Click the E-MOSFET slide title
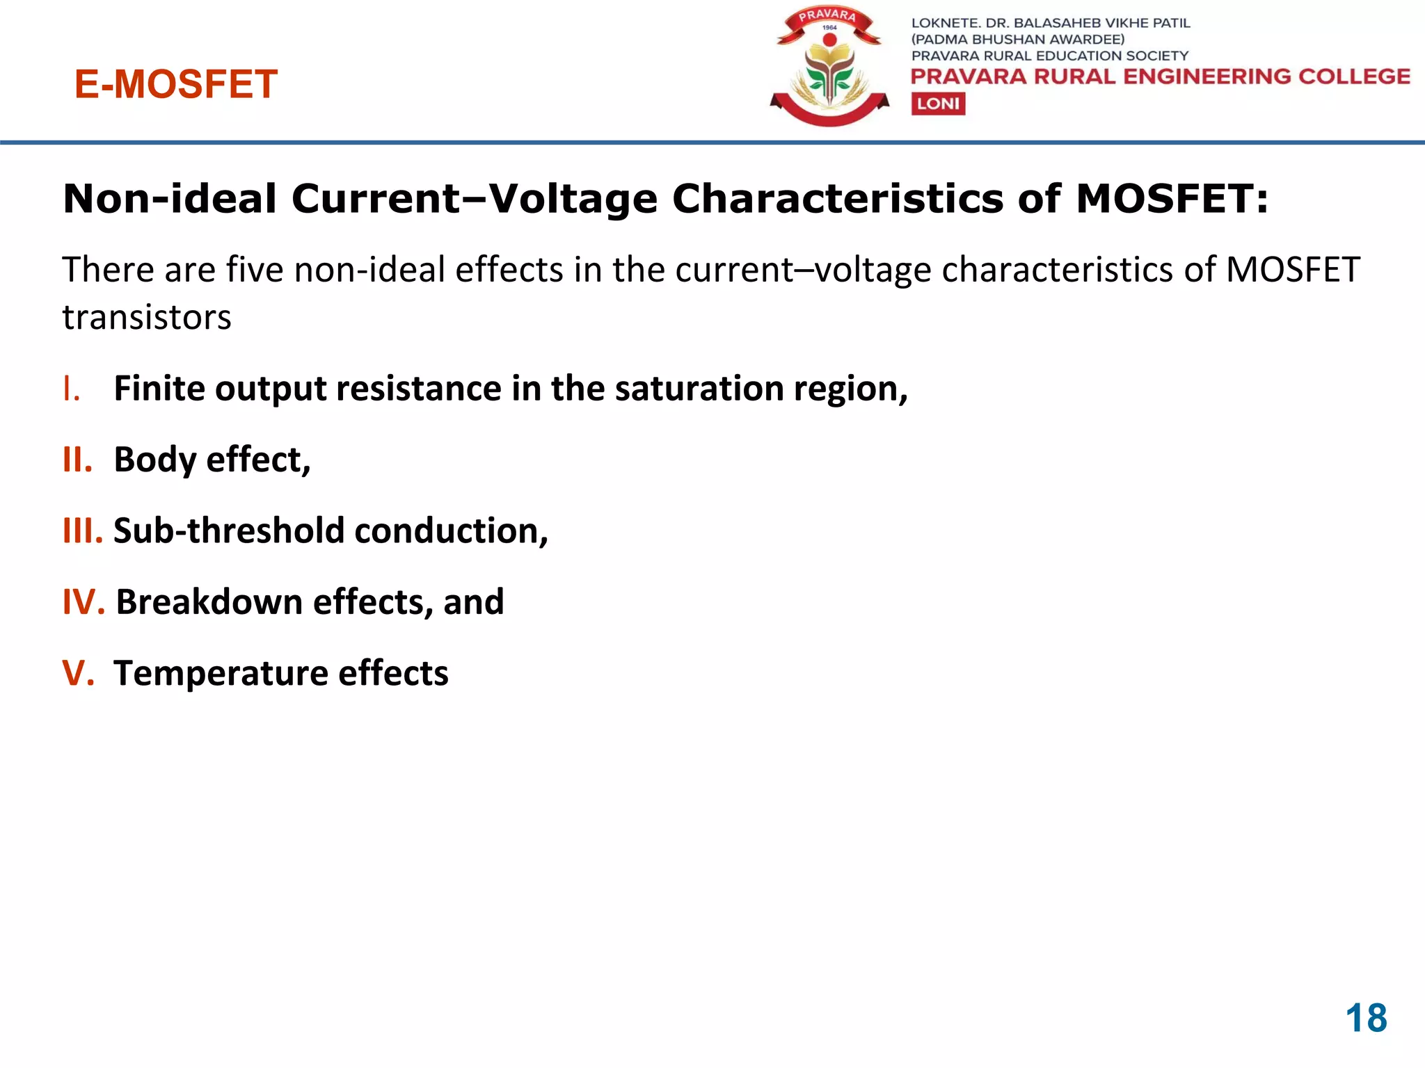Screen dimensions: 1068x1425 tap(176, 85)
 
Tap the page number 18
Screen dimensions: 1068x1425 tap(1366, 1019)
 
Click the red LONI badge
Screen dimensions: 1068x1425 tap(938, 104)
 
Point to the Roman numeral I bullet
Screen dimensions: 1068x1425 tap(70, 389)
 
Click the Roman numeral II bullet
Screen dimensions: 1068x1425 tap(77, 460)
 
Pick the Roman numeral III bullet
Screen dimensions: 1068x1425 tap(83, 531)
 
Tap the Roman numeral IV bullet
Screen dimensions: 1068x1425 tap(83, 602)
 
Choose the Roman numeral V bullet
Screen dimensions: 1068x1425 tap(78, 673)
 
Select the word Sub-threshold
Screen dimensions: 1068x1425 tap(229, 531)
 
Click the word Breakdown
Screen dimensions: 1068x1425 tap(209, 602)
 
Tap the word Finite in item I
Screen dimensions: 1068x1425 tap(159, 389)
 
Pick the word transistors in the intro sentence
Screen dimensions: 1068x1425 tap(146, 318)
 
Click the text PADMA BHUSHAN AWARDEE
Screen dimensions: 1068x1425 tap(1017, 40)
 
